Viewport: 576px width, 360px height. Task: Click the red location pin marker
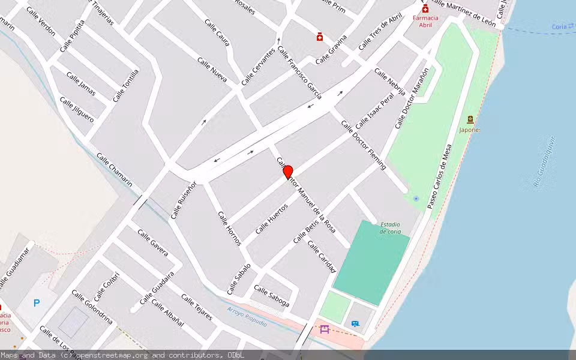(288, 172)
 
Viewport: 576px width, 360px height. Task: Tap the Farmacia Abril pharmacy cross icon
(425, 9)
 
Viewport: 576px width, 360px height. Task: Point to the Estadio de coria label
(390, 228)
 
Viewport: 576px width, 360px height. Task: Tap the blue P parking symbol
(37, 303)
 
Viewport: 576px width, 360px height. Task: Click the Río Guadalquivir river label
(544, 162)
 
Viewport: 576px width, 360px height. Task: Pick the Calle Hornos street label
(229, 228)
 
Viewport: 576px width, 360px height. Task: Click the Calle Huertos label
(271, 219)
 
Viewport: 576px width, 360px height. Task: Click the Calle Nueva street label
(212, 70)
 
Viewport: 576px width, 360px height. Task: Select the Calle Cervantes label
(258, 67)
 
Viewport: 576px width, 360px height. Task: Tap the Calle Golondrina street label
(92, 307)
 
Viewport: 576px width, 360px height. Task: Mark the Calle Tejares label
(197, 307)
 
